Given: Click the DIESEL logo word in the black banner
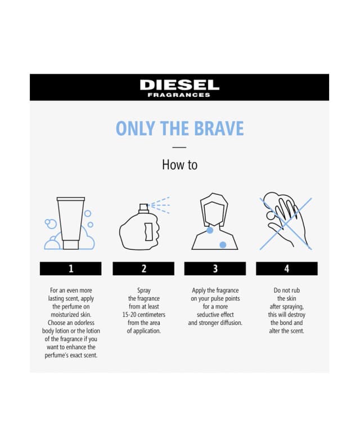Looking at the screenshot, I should pyautogui.click(x=179, y=84).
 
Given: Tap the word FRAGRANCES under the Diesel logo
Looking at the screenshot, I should pyautogui.click(x=179, y=95).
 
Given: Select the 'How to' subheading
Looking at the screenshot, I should pyautogui.click(x=179, y=164).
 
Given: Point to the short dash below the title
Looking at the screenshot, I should pyautogui.click(x=179, y=147).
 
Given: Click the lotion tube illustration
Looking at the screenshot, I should pyautogui.click(x=71, y=223).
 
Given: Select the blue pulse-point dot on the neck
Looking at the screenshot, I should pyautogui.click(x=210, y=230).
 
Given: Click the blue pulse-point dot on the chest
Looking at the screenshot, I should pyautogui.click(x=223, y=244).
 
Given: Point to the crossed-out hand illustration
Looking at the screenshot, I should pyautogui.click(x=287, y=223).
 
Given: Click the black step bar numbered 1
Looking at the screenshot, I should pyautogui.click(x=71, y=269).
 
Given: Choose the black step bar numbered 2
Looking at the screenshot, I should pyautogui.click(x=143, y=269).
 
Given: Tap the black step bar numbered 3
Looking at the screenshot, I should pyautogui.click(x=215, y=269).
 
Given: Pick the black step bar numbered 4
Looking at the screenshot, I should pyautogui.click(x=287, y=269).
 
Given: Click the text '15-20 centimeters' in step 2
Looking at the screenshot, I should pyautogui.click(x=143, y=315).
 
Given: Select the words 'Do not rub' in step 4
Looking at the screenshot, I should pyautogui.click(x=286, y=290).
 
